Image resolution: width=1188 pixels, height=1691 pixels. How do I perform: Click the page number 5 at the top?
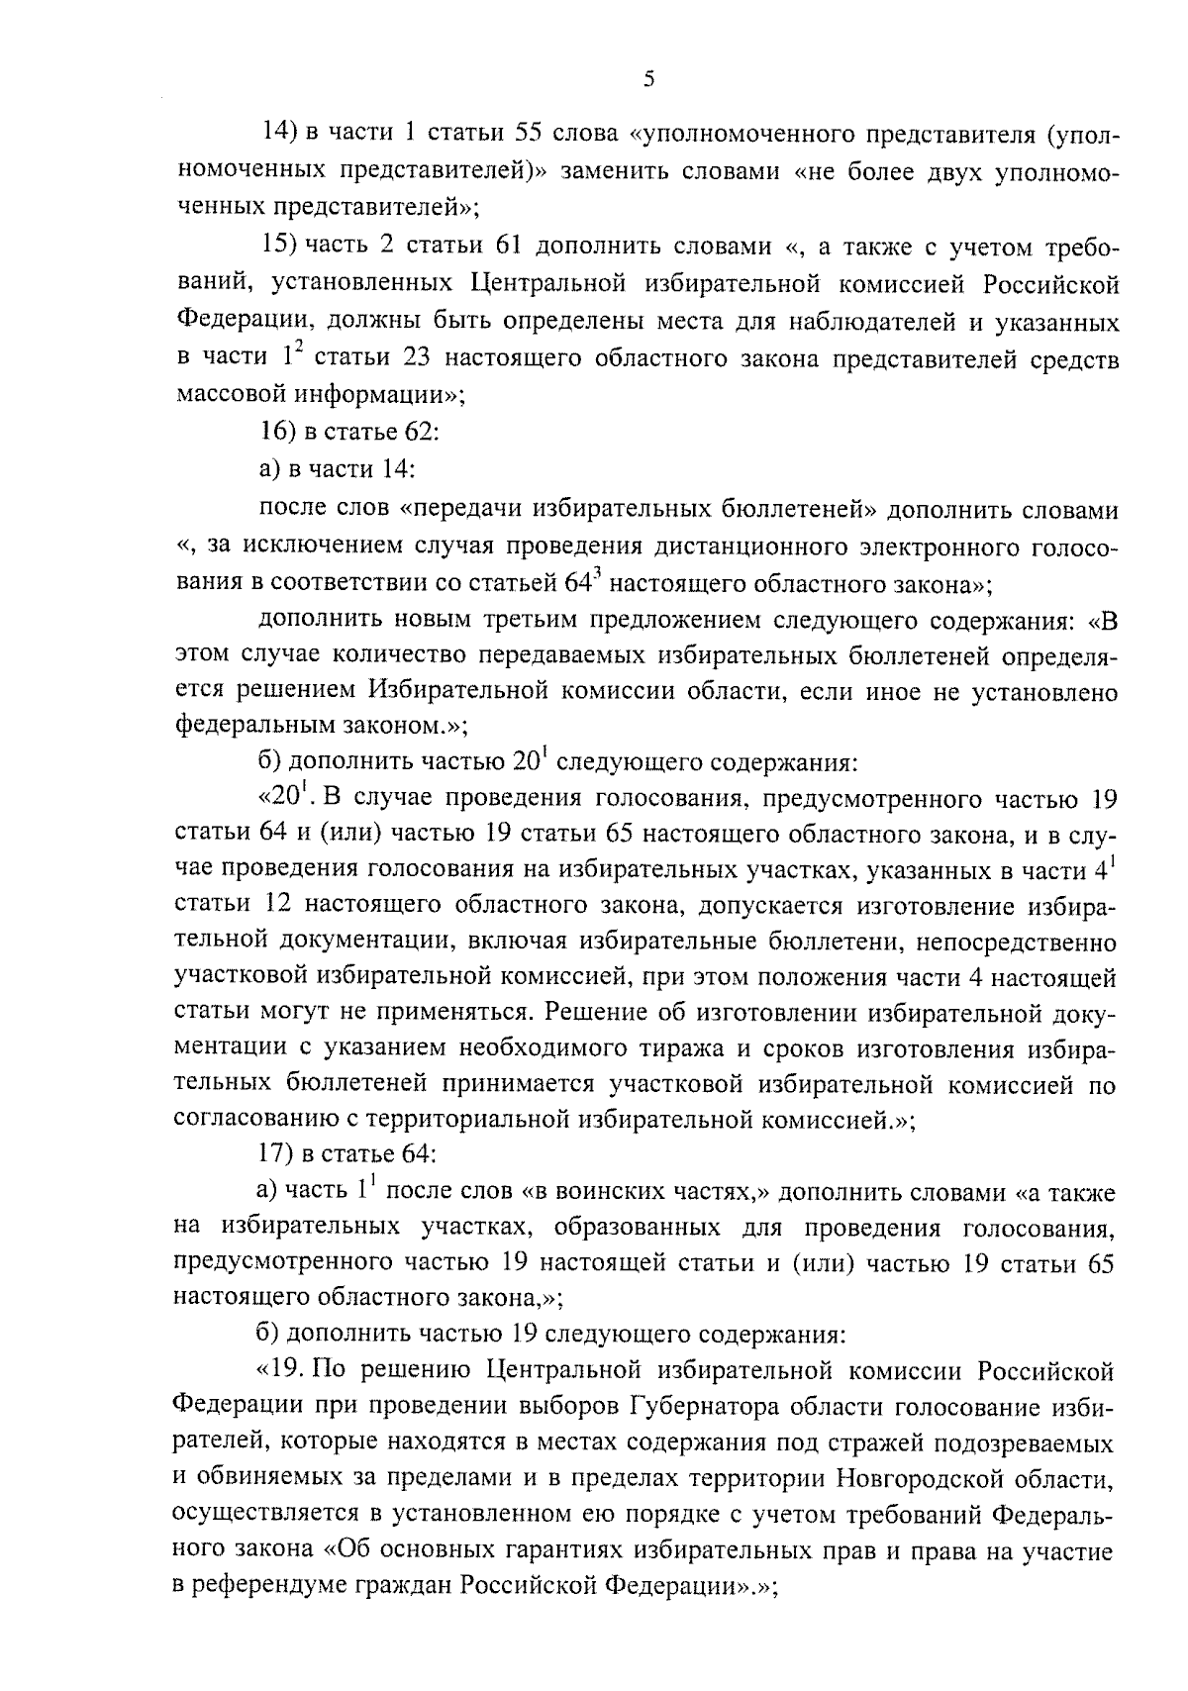coord(647,79)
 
